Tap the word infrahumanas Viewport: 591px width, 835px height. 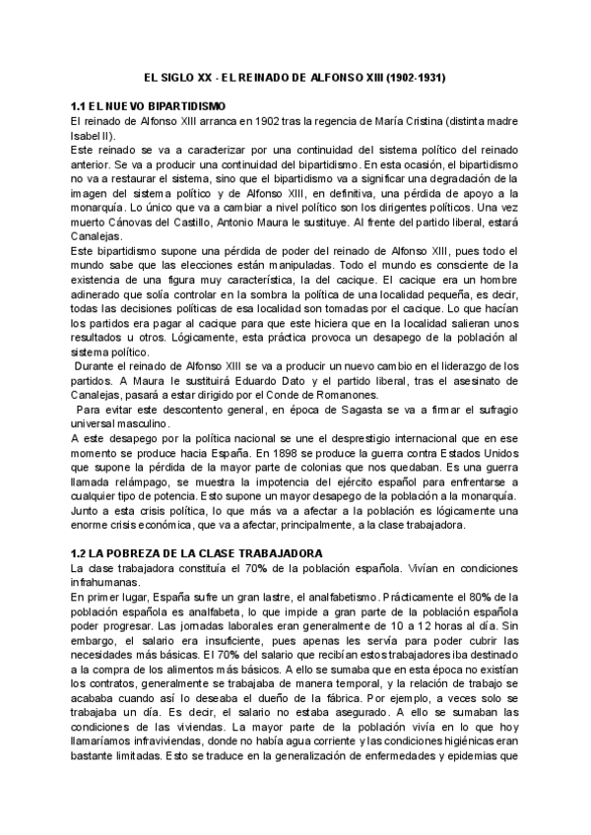[104, 584]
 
